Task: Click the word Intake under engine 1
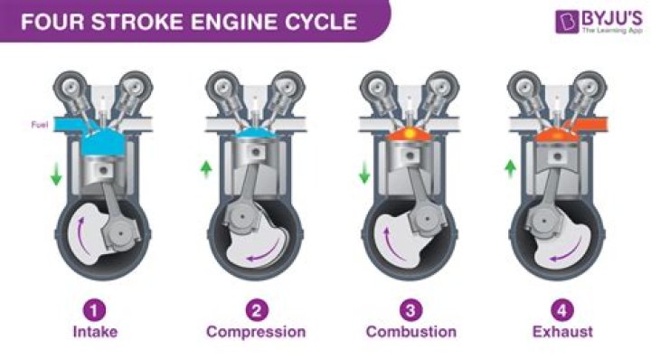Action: pos(95,332)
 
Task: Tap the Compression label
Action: pos(257,332)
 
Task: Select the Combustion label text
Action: pos(410,332)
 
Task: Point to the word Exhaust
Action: pos(562,332)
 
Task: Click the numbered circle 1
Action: pos(95,309)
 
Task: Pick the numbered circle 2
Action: pos(257,309)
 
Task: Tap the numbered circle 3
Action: pos(410,309)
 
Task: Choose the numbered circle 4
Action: pos(562,309)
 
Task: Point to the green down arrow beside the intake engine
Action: pos(56,175)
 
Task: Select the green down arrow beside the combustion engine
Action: pos(364,172)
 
